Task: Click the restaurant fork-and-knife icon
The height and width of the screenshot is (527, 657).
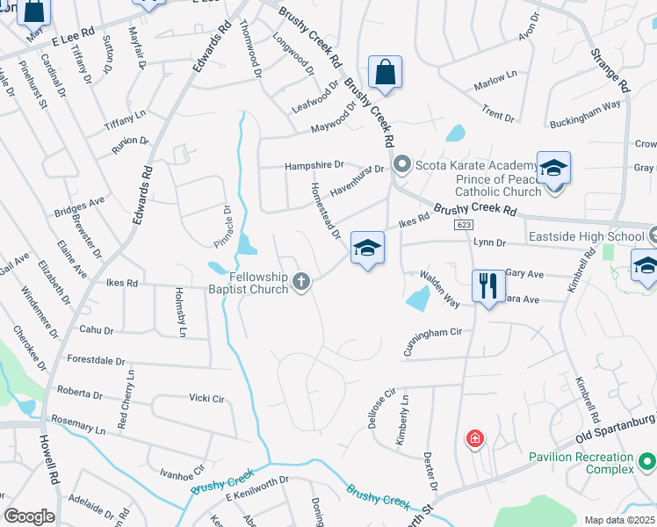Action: tap(488, 285)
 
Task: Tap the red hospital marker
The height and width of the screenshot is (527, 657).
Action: tap(475, 437)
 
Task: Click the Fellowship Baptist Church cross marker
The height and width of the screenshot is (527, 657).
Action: tap(301, 282)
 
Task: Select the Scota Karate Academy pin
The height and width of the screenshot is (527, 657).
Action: tap(402, 163)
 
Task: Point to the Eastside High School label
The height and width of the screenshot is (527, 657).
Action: tap(586, 236)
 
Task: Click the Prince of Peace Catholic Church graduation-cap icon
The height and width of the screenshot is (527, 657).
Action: tap(554, 168)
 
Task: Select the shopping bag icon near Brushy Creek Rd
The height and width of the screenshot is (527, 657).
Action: tap(386, 72)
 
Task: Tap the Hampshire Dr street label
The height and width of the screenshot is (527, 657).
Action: tap(314, 165)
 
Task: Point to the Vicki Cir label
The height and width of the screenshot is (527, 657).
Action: tap(206, 399)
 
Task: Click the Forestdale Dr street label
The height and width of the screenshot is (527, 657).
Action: tap(97, 359)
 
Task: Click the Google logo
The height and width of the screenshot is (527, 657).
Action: tap(29, 516)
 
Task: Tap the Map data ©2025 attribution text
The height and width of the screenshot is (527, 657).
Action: tap(618, 520)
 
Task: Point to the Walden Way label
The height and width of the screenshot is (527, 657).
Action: tap(439, 289)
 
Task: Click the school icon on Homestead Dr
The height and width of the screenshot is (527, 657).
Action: tap(368, 248)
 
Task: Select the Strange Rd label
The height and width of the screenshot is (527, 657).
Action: tap(612, 68)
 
